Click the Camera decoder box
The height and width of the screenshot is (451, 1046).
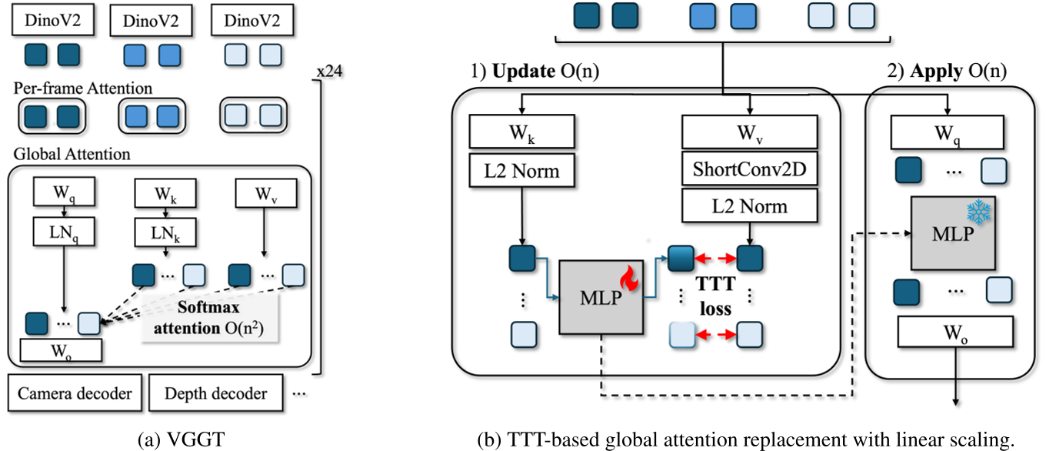point(75,394)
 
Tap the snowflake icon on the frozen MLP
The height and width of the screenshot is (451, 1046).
point(976,213)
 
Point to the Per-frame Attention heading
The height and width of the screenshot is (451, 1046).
point(83,89)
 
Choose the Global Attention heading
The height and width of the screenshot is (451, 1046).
point(72,154)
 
